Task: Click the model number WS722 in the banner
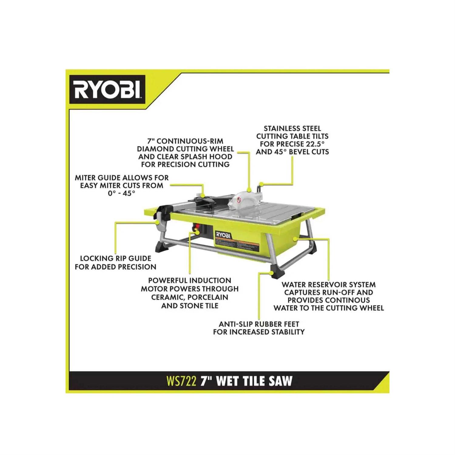click(181, 381)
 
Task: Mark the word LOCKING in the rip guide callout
click(97, 258)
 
